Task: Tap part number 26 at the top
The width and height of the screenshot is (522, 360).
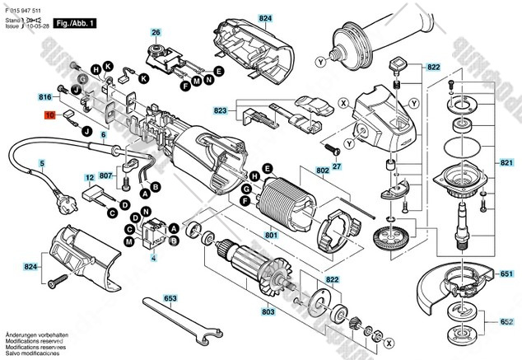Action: [x=155, y=32]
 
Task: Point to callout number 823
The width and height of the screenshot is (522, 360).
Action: [x=220, y=110]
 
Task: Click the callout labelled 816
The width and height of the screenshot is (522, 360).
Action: [x=45, y=97]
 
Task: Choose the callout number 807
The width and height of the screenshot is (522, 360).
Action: [x=106, y=175]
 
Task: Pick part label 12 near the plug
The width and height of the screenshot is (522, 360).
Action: [x=89, y=177]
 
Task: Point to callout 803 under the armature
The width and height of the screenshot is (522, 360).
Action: [x=268, y=312]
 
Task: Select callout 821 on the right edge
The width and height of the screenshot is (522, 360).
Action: [x=505, y=163]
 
